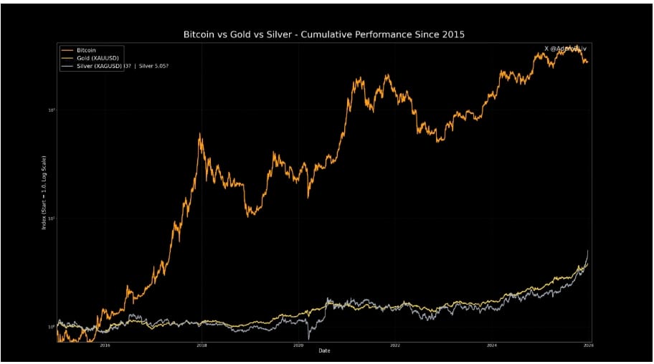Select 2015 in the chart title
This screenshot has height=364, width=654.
coord(450,34)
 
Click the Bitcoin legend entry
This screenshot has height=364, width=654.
coord(86,49)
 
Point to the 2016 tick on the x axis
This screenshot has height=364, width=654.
coord(105,345)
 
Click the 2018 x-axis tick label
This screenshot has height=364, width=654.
coord(202,345)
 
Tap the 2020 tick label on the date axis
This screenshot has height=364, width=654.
coord(298,345)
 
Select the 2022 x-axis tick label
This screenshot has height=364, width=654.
coord(394,345)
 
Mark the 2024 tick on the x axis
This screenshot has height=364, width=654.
coord(491,345)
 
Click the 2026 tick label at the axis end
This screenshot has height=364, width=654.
coord(588,345)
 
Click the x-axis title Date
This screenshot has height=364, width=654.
coord(325,350)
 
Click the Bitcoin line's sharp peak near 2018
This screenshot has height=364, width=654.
coord(199,134)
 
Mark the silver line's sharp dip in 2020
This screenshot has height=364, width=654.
coord(309,337)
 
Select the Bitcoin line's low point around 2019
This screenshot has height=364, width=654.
coord(249,215)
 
